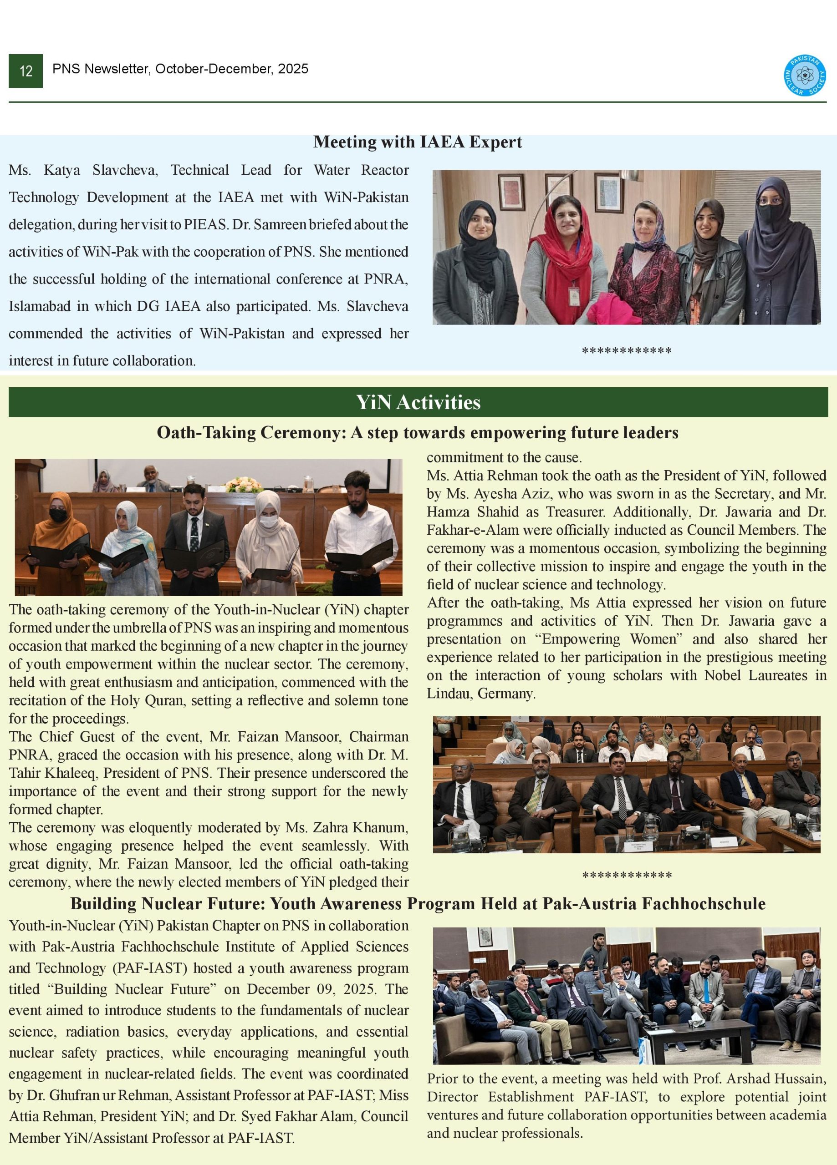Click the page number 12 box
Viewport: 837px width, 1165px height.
click(x=26, y=71)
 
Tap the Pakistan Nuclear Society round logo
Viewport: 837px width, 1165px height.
click(x=805, y=76)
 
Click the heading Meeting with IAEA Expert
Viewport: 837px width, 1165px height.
click(x=418, y=142)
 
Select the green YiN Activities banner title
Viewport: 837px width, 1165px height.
click(x=418, y=402)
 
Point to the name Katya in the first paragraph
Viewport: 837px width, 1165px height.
click(x=61, y=170)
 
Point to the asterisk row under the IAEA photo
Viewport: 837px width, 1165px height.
click(x=626, y=351)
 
